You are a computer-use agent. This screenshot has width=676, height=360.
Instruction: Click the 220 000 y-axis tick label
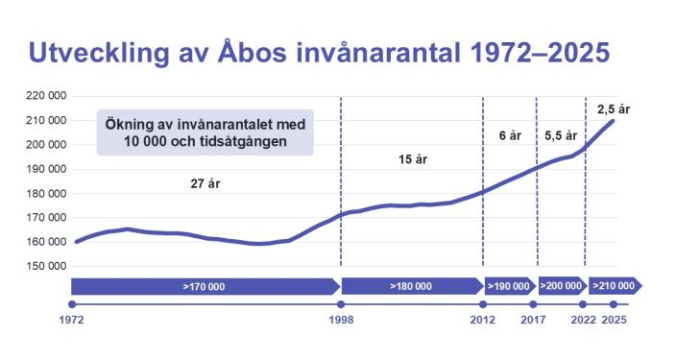(x=46, y=96)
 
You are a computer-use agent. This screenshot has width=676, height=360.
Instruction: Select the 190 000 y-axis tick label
(x=46, y=169)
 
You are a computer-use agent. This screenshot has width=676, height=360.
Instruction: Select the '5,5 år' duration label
(x=560, y=135)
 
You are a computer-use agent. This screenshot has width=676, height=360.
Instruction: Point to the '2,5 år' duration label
(x=612, y=108)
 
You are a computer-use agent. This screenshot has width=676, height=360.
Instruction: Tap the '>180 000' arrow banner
(x=411, y=286)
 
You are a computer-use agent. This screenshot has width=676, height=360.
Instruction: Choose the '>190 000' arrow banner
(x=509, y=286)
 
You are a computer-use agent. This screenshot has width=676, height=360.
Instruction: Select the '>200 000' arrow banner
(x=561, y=286)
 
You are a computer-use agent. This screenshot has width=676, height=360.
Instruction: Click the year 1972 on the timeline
(x=72, y=319)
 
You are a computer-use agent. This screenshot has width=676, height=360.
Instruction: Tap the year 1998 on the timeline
(x=340, y=319)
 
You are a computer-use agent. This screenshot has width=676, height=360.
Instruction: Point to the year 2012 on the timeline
(x=482, y=319)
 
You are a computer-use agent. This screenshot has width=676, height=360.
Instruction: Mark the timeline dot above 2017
(x=535, y=304)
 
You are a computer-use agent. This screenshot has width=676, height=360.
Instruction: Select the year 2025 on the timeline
(x=614, y=319)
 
